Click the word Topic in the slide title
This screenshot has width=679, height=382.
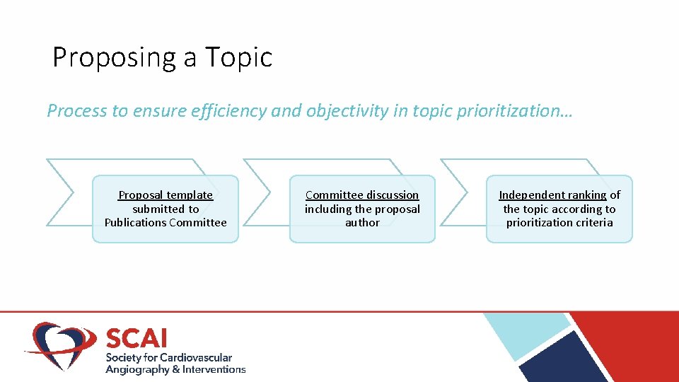tap(238, 57)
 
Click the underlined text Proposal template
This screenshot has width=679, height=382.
tap(166, 195)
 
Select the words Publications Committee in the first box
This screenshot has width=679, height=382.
tap(166, 222)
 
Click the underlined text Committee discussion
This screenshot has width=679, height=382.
tap(362, 195)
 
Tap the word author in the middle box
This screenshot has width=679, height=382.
tap(362, 222)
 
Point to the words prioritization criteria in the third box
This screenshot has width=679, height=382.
tap(559, 222)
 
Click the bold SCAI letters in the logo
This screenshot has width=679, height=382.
tap(137, 337)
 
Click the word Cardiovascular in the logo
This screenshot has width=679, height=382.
tap(196, 357)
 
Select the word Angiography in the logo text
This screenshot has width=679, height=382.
tap(137, 369)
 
